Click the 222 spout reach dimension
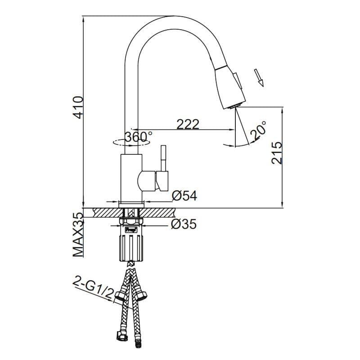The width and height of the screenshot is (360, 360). [188, 125]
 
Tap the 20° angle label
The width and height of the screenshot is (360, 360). [258, 131]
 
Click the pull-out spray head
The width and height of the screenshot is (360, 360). [229, 85]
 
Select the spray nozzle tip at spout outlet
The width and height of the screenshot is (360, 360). [234, 106]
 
